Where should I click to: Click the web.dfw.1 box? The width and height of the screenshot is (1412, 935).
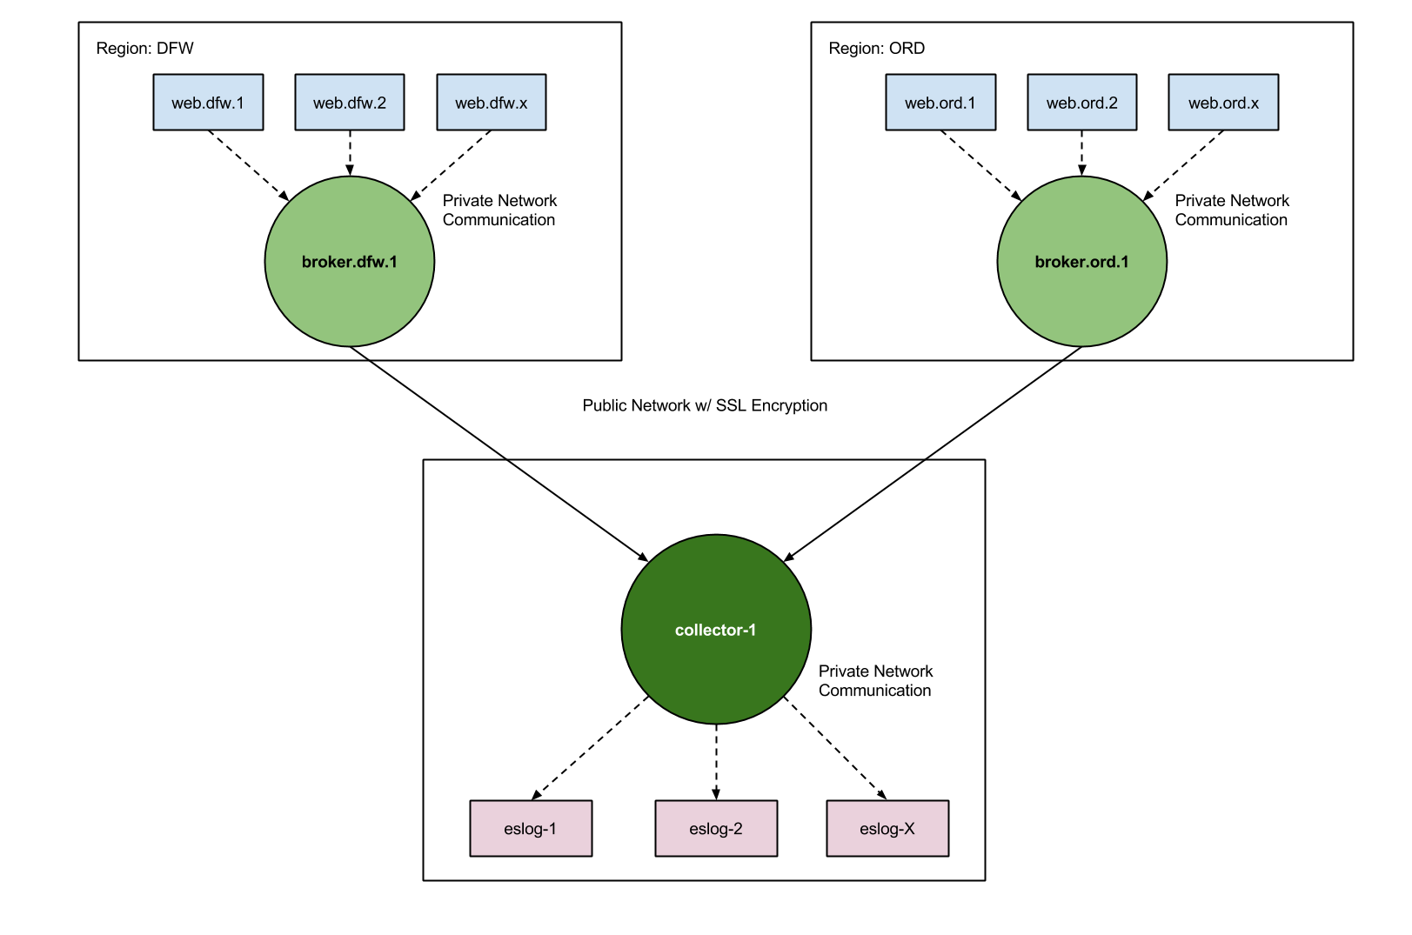(x=208, y=103)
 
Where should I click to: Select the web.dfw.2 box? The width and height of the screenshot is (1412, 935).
(x=350, y=103)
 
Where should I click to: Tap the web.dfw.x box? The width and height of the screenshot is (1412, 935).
(x=492, y=103)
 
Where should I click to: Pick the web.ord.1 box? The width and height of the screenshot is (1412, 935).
(x=940, y=103)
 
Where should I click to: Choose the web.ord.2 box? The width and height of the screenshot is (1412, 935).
(x=1082, y=103)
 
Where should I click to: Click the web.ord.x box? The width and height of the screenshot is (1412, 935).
(x=1223, y=103)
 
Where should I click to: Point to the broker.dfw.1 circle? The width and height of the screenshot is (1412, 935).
(x=350, y=262)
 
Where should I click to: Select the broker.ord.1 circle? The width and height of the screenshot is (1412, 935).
(x=1081, y=262)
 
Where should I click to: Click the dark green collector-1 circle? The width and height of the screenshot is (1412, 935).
(x=716, y=630)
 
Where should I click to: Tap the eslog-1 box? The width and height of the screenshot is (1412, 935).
(x=531, y=829)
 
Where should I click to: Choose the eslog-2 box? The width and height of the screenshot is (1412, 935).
(x=716, y=829)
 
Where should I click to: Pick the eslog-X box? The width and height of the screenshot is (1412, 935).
(x=887, y=829)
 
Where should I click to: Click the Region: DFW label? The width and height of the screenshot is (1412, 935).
(x=144, y=49)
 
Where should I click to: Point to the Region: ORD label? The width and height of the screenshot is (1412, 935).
(x=876, y=49)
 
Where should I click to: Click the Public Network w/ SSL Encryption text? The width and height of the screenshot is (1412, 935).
(x=705, y=405)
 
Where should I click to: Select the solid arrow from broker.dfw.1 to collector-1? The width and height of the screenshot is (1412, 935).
(x=499, y=453)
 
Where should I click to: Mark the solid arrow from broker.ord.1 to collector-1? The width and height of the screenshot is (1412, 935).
(x=934, y=453)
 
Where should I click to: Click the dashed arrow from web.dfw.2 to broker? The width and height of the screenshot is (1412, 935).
(x=350, y=153)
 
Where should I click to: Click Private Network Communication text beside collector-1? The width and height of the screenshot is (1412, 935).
(x=875, y=681)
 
